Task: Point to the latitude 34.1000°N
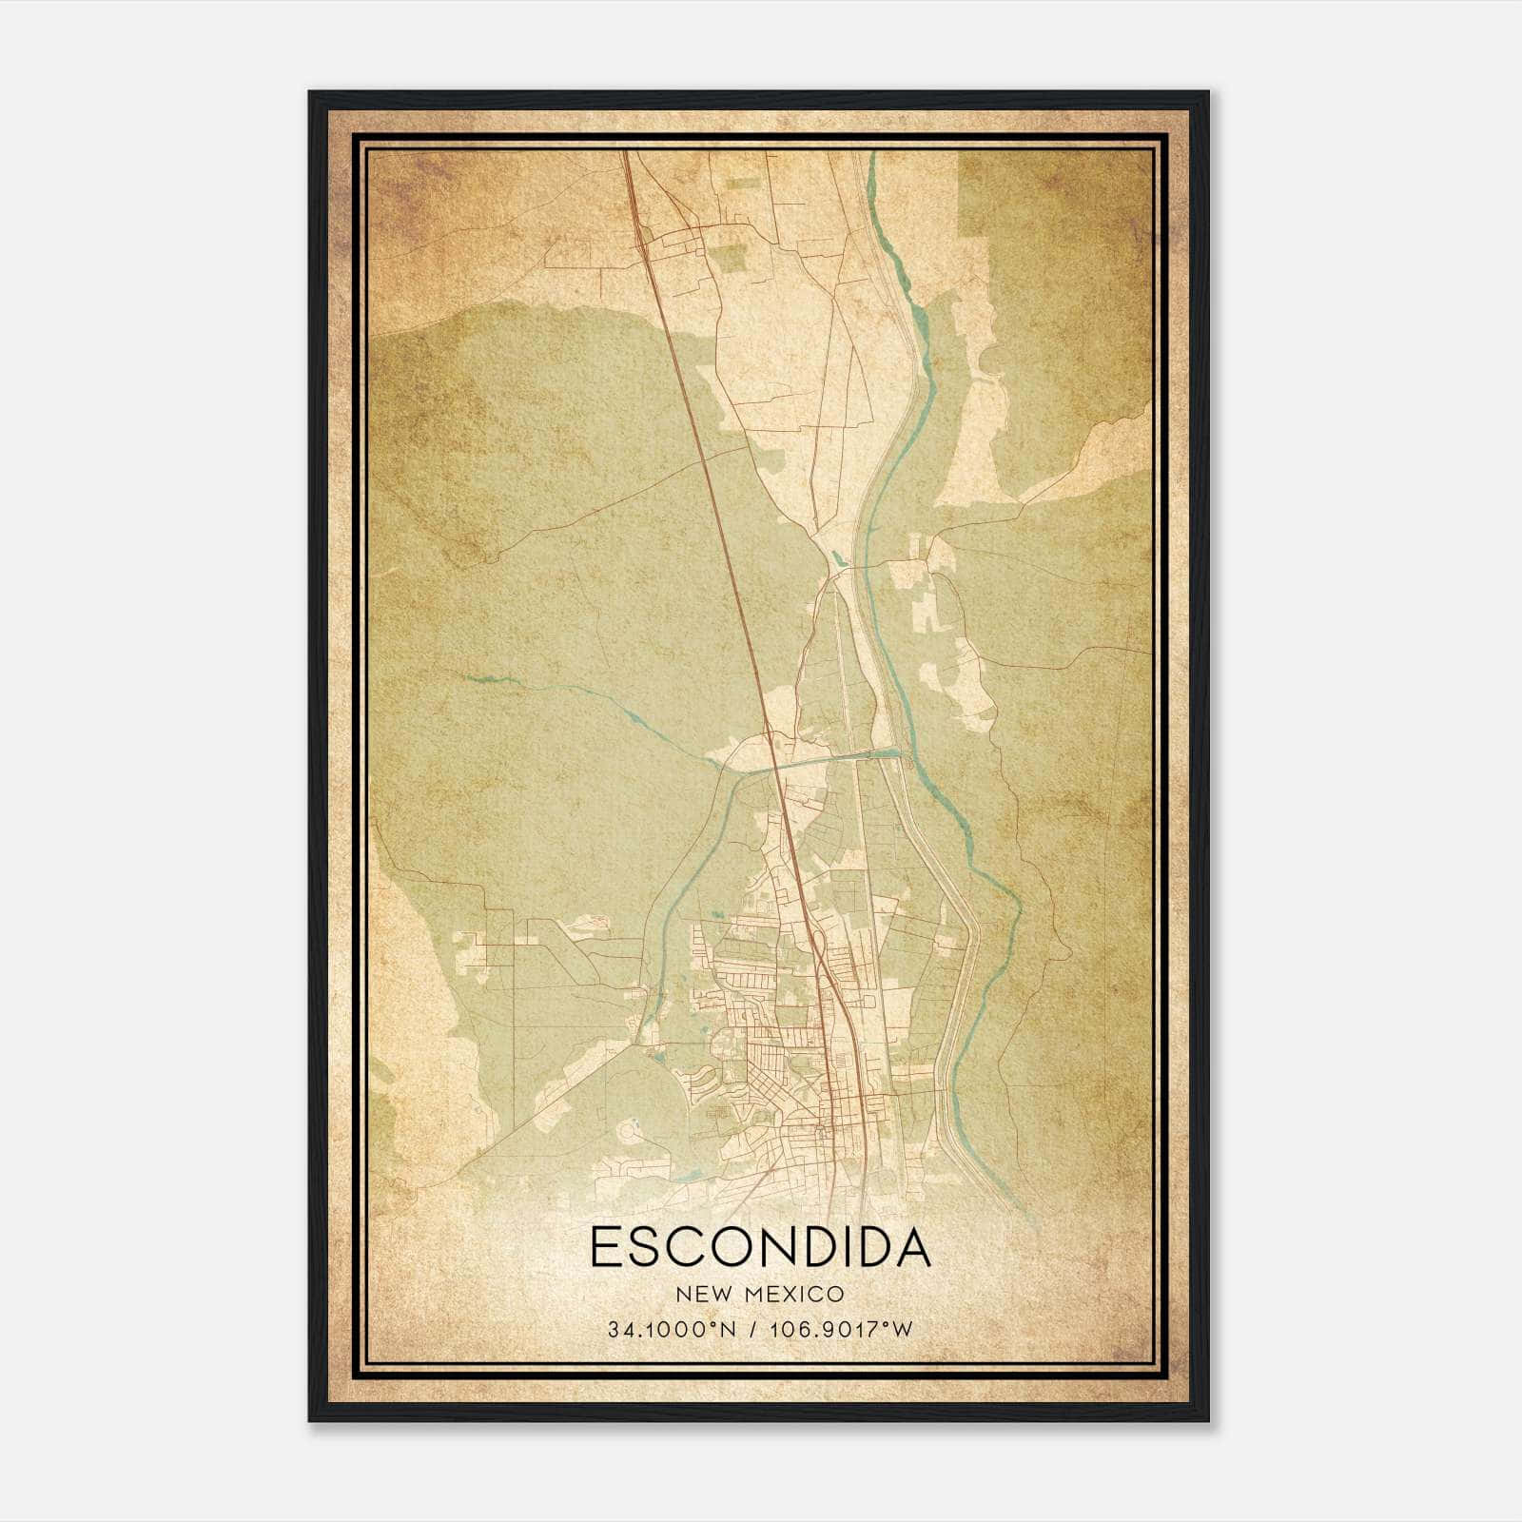(670, 1330)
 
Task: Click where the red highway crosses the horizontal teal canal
(775, 763)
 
